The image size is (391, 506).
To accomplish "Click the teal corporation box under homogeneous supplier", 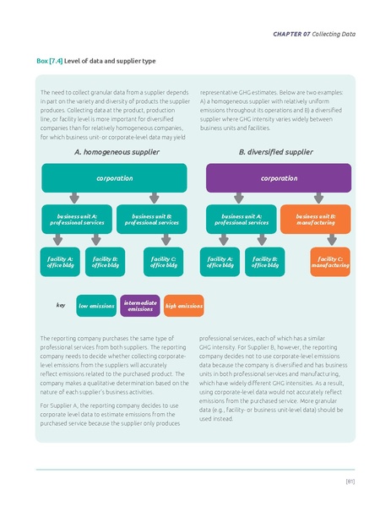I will tap(114, 178).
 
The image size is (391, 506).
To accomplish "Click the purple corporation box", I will tap(278, 178).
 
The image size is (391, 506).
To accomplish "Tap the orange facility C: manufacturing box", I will tap(330, 262).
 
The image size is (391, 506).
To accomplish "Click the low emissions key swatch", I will tap(96, 306).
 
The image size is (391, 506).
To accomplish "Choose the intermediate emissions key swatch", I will tap(139, 306).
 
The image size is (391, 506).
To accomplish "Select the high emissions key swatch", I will tap(183, 306).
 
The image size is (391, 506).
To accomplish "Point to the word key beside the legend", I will tap(61, 305).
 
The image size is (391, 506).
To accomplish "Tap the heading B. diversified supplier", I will tap(275, 153).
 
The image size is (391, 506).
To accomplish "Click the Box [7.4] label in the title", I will tap(49, 62).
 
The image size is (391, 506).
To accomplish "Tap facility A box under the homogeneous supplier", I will tap(59, 262).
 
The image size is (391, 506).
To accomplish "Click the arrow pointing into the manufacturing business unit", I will tap(315, 199).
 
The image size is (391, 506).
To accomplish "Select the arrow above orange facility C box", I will tap(330, 241).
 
